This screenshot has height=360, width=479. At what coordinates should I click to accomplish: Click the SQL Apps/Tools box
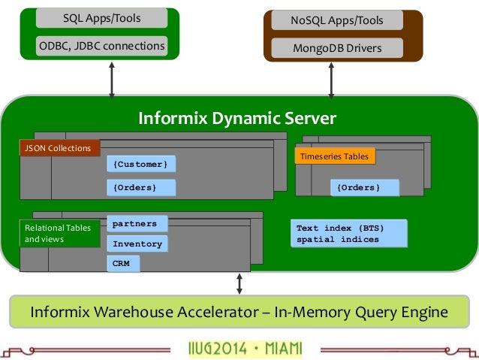pyautogui.click(x=101, y=18)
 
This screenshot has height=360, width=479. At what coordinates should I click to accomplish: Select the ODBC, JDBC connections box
pyautogui.click(x=101, y=46)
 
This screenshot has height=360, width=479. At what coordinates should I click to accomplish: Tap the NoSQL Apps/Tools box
pyautogui.click(x=337, y=20)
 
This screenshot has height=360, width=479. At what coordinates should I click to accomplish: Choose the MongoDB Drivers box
pyautogui.click(x=337, y=48)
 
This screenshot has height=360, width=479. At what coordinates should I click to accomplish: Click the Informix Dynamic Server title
pyautogui.click(x=237, y=118)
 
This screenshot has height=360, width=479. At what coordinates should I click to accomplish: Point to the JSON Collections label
pyautogui.click(x=60, y=148)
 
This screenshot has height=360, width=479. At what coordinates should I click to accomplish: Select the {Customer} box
pyautogui.click(x=141, y=164)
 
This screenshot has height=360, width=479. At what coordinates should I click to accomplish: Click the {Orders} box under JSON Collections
pyautogui.click(x=141, y=187)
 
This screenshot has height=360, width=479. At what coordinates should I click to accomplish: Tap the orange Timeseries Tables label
pyautogui.click(x=335, y=156)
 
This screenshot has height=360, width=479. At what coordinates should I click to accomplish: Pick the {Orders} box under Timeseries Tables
pyautogui.click(x=365, y=187)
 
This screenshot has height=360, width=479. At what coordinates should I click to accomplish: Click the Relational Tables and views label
pyautogui.click(x=60, y=234)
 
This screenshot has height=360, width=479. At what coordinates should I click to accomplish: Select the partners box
pyautogui.click(x=137, y=223)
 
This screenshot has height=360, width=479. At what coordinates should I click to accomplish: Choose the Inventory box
pyautogui.click(x=137, y=244)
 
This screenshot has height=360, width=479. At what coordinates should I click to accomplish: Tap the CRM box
pyautogui.click(x=123, y=264)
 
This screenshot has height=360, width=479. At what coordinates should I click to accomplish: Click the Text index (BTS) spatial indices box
pyautogui.click(x=349, y=234)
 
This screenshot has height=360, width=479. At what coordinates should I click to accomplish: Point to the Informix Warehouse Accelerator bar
pyautogui.click(x=239, y=312)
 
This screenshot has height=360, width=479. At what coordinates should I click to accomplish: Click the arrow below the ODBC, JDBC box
pyautogui.click(x=112, y=80)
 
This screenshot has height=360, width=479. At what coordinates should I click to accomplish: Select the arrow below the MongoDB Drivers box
pyautogui.click(x=331, y=80)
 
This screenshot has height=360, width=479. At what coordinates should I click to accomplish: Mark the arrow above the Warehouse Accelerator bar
pyautogui.click(x=239, y=284)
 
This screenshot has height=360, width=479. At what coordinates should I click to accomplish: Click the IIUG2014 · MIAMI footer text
pyautogui.click(x=246, y=349)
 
